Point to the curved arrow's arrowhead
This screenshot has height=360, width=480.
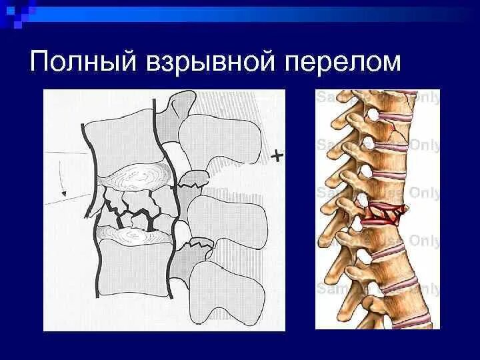(x=65, y=193)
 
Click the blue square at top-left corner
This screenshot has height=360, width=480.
(x=7, y=7)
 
